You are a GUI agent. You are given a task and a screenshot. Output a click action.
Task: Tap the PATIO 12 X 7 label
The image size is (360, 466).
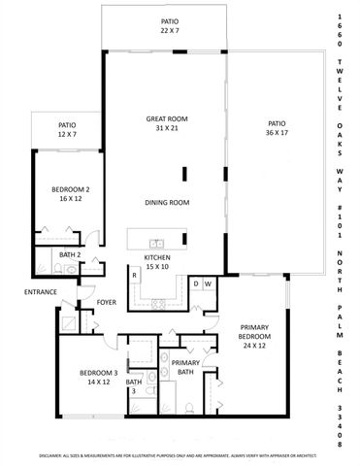[67, 129]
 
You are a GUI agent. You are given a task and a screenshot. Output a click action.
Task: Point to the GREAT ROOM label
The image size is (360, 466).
[166, 123]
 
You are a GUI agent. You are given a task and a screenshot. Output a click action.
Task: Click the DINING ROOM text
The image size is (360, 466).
[166, 203]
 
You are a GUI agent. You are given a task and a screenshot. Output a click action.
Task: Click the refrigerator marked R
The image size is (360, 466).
[134, 276]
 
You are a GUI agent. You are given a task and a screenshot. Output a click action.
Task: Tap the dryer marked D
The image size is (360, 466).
[195, 283]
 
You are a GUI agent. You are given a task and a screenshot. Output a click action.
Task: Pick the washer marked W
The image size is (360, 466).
[209, 283]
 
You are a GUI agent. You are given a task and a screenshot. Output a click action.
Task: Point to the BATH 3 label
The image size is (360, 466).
[134, 386]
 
